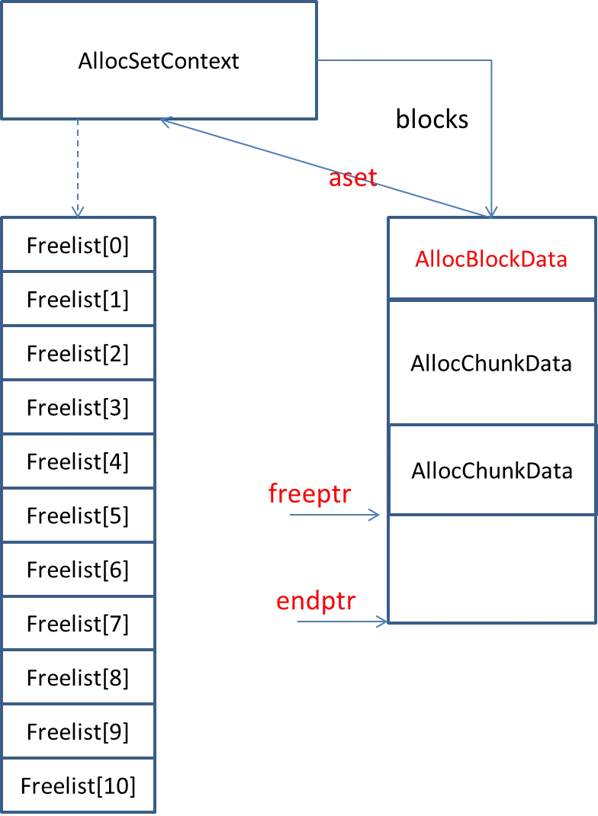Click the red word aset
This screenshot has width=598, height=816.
[x=352, y=178]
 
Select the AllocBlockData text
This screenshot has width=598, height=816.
[x=491, y=259]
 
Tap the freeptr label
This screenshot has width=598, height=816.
[x=310, y=494]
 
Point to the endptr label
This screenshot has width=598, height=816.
[x=316, y=601]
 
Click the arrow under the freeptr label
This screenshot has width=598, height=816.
[x=335, y=516]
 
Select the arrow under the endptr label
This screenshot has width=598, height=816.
[x=342, y=622]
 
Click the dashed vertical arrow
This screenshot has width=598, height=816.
[x=77, y=164]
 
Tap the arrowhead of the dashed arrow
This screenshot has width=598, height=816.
[x=77, y=212]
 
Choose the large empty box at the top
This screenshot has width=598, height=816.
[x=159, y=59]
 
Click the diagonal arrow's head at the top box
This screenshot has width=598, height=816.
[x=165, y=120]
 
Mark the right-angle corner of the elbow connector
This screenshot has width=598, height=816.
[x=492, y=60]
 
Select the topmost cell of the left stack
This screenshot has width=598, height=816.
[x=79, y=244]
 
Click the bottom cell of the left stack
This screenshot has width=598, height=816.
[x=79, y=785]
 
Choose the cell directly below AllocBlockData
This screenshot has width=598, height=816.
[x=491, y=362]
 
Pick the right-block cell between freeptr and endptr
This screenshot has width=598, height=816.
[x=491, y=569]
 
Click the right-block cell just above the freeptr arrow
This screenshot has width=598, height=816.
[x=491, y=470]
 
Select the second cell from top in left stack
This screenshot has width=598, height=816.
[x=79, y=298]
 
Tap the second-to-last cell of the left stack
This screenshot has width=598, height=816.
[x=79, y=731]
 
